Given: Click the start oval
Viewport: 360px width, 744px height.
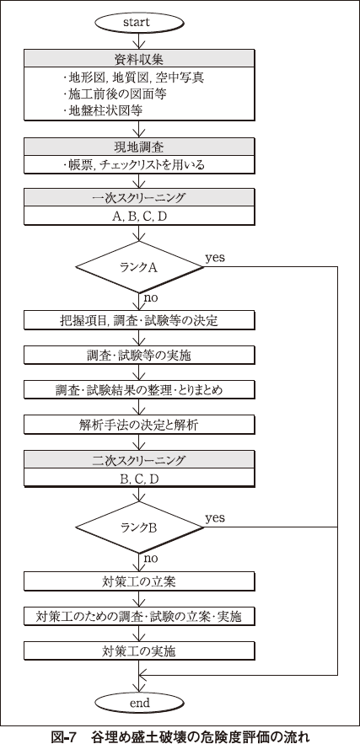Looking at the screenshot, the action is (138, 22).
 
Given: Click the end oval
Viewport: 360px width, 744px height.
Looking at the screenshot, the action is (138, 703).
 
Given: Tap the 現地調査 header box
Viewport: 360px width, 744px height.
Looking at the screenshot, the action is (138, 147).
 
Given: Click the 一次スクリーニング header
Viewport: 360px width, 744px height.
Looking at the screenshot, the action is (138, 198).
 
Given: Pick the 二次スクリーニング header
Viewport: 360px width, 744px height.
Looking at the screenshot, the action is (138, 460).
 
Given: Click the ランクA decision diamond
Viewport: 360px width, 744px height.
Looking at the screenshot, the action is (138, 266).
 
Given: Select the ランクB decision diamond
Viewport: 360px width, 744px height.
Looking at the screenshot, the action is (138, 527).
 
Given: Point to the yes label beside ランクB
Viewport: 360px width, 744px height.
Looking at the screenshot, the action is (215, 517).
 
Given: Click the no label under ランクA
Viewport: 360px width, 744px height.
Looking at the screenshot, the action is (150, 298).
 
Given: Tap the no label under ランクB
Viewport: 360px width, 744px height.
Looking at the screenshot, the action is (150, 559).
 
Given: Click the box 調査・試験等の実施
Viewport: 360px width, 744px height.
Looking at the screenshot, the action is (138, 355).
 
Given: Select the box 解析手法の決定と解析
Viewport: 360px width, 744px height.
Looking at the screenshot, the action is (138, 425).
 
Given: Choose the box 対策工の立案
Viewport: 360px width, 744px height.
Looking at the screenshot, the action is (138, 581).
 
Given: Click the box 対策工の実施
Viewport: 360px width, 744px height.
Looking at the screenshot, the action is (138, 650).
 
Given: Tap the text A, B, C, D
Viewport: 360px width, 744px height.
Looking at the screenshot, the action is (138, 217).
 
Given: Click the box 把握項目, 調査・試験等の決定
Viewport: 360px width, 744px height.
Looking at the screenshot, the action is (138, 320).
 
